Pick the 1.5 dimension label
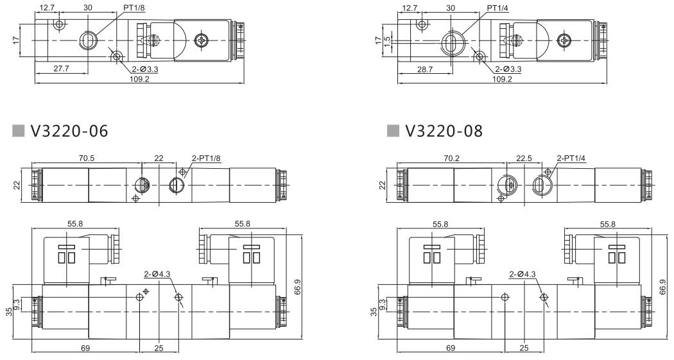(x=387, y=39)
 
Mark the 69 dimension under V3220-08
(x=451, y=347)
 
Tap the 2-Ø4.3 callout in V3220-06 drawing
(x=158, y=274)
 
